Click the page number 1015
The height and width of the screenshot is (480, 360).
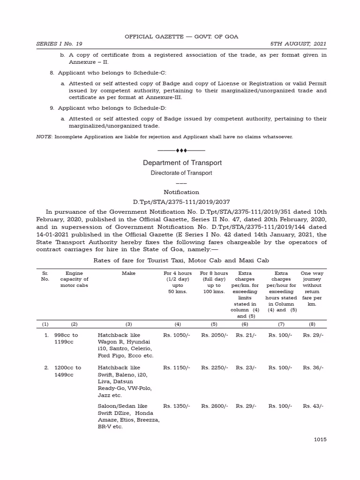coord(320,439)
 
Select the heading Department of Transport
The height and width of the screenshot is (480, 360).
coord(182,163)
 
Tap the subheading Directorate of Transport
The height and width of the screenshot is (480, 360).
coord(181,173)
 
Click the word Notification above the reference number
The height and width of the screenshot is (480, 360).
coord(181,192)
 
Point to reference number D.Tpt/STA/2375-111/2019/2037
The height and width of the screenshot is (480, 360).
coord(181,202)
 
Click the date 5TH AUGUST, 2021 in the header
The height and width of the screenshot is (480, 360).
coord(298,44)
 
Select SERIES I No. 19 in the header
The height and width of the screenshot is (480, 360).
coord(59,44)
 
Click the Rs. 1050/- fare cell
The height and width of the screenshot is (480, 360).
coord(177,335)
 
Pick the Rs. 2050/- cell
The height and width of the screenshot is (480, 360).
coord(215,335)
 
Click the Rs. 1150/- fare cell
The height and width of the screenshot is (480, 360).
coord(177,368)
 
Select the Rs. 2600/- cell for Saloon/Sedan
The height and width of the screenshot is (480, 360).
coord(215,406)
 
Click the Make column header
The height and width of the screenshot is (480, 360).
coord(128,273)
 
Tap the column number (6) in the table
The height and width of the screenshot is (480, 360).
coord(245,324)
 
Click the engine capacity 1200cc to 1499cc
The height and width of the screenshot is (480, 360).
coord(68,371)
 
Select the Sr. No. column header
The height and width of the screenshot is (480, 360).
coord(45,276)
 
